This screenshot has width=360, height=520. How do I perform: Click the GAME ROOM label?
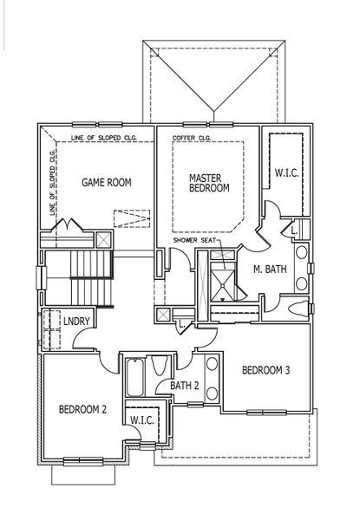(x=106, y=182)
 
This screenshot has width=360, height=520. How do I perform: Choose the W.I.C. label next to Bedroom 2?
(x=141, y=420)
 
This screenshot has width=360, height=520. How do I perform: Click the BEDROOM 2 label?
(x=82, y=408)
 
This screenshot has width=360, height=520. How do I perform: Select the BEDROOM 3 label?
(x=265, y=371)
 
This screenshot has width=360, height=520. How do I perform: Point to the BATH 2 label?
(x=185, y=386)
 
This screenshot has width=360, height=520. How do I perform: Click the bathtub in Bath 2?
(x=137, y=378)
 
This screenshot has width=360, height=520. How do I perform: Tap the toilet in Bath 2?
(x=161, y=367)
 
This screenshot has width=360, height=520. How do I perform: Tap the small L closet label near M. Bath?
(x=294, y=231)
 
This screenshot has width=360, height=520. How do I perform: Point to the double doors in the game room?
(x=68, y=226)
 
